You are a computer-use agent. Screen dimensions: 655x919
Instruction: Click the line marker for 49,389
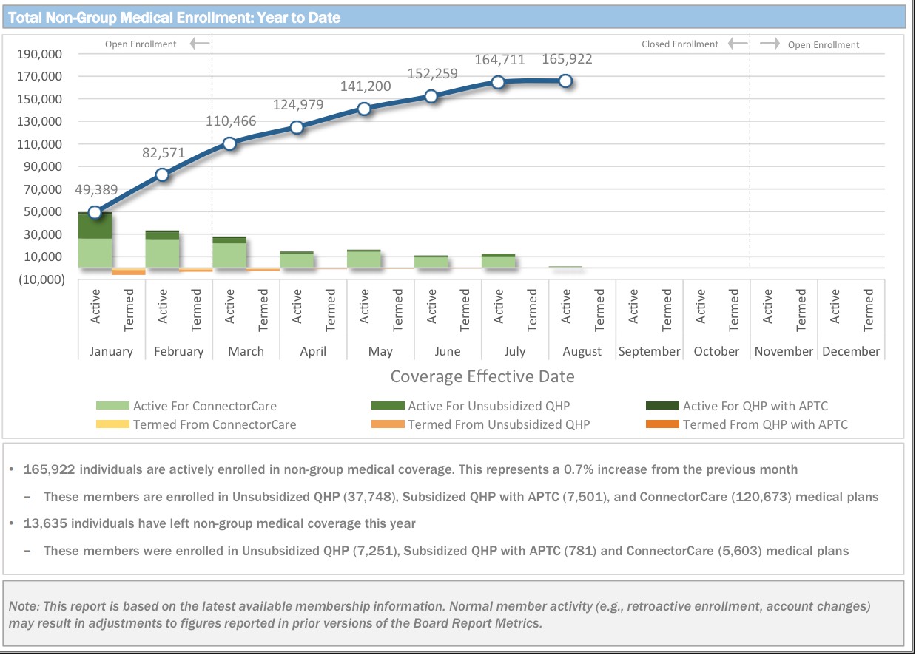(x=95, y=212)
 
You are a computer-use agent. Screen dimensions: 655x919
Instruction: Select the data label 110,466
(x=229, y=121)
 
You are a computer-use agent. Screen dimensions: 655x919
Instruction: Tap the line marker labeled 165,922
(x=565, y=81)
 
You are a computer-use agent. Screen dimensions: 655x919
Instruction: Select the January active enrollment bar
(x=95, y=240)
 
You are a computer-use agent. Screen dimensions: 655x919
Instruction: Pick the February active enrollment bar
(x=162, y=249)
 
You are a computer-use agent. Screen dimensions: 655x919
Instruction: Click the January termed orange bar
(x=129, y=271)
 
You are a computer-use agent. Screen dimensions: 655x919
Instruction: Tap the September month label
(x=649, y=351)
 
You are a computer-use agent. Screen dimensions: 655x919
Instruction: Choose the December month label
(x=851, y=351)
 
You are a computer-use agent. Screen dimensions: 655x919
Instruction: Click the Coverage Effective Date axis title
(x=482, y=376)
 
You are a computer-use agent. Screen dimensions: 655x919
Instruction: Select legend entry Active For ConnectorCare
(x=205, y=406)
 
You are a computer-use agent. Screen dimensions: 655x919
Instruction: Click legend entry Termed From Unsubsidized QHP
(x=499, y=424)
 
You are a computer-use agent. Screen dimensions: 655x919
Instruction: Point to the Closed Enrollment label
(x=679, y=44)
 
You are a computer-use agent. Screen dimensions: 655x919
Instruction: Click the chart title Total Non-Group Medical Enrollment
(x=175, y=18)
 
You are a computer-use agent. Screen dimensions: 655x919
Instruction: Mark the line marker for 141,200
(x=363, y=109)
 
